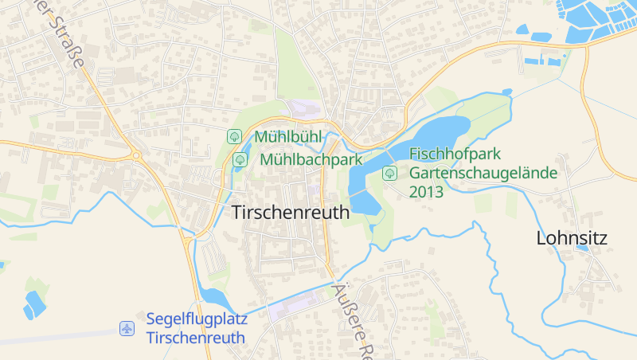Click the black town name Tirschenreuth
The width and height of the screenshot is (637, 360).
coord(291,213)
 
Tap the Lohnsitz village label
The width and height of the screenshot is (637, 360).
coord(572,237)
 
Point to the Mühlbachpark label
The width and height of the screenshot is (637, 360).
coord(311,160)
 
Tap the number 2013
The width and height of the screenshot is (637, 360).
coord(426,192)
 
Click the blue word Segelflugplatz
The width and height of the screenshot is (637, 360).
coord(197,319)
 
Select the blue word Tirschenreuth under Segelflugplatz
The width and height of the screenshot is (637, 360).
coord(196,338)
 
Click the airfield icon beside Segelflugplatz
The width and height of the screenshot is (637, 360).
coord(127,328)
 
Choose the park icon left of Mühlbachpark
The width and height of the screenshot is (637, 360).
coord(240,160)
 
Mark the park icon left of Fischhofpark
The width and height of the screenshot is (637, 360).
coord(389,172)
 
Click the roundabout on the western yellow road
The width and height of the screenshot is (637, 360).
coord(134,155)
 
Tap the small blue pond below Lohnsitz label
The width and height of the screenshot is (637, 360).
coord(582,248)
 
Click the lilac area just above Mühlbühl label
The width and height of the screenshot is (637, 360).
coord(303,109)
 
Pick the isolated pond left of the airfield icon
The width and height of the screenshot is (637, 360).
coord(35,303)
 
